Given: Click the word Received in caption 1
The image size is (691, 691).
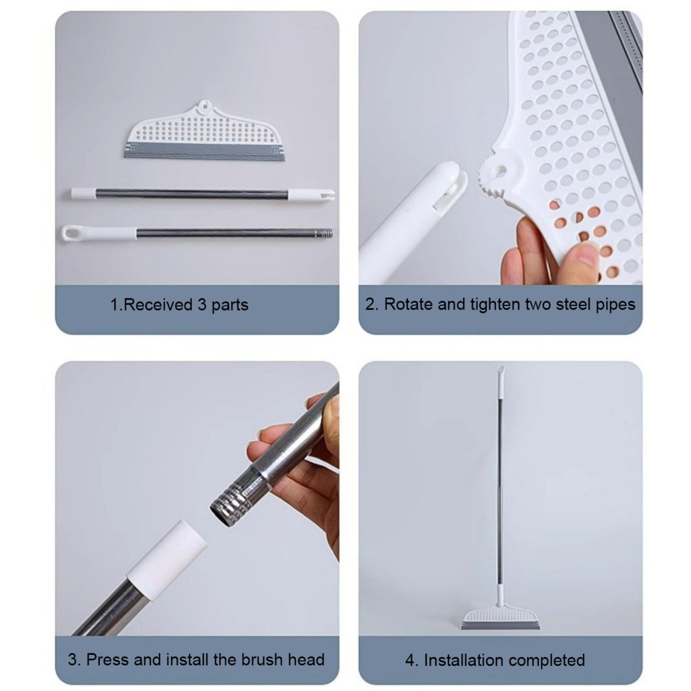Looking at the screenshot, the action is [157, 305].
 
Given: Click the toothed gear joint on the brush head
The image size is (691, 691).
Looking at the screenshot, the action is [492, 177].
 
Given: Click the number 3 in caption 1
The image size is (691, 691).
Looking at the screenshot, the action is [202, 305].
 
